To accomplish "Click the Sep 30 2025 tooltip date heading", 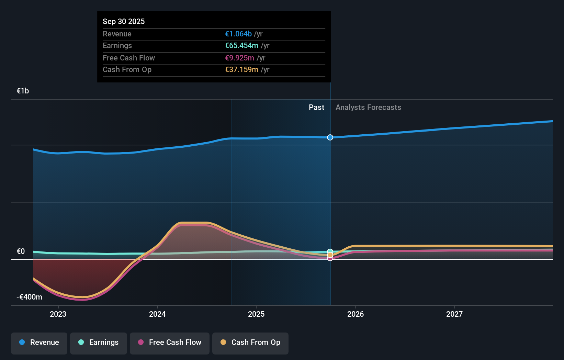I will pos(124,21).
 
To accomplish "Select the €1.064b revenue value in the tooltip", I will pos(238,34).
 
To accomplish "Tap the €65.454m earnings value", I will pos(241,45).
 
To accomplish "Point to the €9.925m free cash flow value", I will pos(239,58).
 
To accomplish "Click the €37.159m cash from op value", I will pos(241,69).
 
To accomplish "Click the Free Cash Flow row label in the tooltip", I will pos(129,58).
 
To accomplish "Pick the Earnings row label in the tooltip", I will pos(117,45).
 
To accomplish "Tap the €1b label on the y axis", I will pos(23,91).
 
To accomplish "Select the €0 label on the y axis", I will pos(21,251).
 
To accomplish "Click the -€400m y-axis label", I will pos(29,297).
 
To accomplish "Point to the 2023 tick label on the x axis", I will pos(58,314).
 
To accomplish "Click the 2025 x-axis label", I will pos(256,314).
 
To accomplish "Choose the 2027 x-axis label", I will pos(454,314).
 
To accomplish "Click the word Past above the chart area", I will pos(316,107).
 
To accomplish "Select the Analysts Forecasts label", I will pos(368,107).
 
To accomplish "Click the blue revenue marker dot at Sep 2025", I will pos(330,137).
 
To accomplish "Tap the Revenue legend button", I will pos(39,342).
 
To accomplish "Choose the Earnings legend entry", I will pos(99,342).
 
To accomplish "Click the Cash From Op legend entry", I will pos(250,342).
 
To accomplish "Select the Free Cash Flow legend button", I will pos(170,342).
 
